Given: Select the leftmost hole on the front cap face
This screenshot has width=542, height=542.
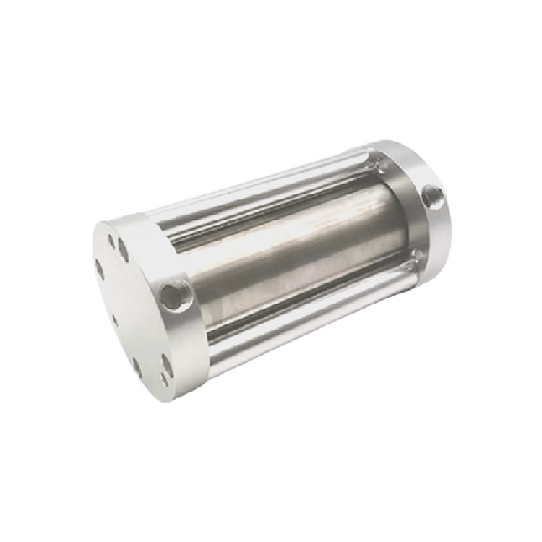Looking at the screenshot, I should pyautogui.click(x=100, y=270).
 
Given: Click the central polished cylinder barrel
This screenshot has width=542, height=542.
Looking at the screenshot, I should pyautogui.click(x=289, y=253).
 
